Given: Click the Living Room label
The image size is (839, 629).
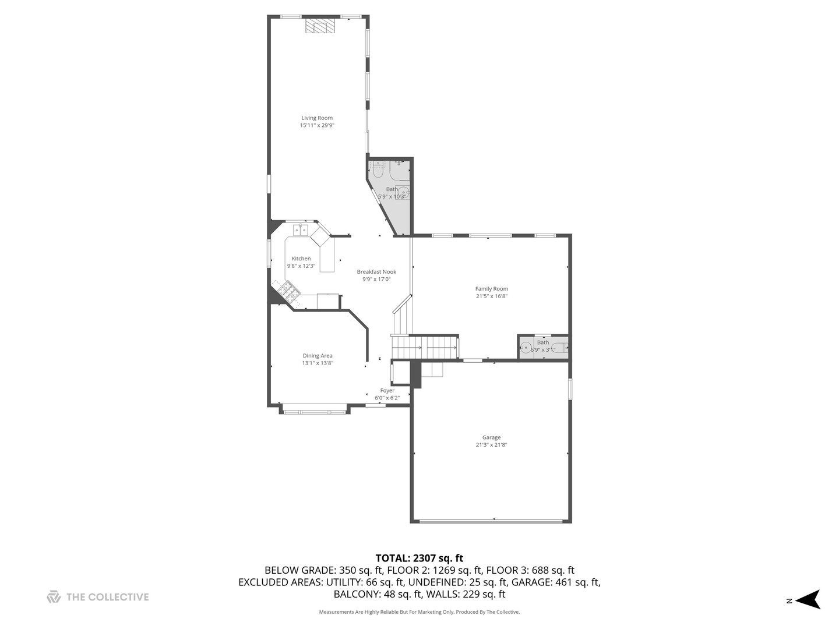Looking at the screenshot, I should point(317,118).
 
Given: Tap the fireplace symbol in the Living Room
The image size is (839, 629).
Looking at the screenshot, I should point(320,27).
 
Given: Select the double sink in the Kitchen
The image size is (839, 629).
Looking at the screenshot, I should point(301,231).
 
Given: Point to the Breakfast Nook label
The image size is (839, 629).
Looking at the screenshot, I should point(376,272).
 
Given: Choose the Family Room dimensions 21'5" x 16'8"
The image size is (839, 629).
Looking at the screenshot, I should point(492,296).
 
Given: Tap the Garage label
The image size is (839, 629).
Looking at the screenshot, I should point(491,437).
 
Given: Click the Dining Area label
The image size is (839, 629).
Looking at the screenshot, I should point(318,356).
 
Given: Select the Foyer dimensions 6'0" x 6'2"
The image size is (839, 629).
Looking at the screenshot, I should point(387,398).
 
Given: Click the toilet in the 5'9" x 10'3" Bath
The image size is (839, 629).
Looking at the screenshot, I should point(378,171).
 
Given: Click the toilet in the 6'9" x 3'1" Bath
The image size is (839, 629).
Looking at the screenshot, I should point(560,348).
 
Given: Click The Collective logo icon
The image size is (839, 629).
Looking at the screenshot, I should point(54,597).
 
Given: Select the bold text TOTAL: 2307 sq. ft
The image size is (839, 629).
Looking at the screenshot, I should point(419,559).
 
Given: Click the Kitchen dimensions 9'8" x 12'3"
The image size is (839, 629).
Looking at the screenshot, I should point(301,266).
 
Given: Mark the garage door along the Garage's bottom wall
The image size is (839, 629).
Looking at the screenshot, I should point(491,521).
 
